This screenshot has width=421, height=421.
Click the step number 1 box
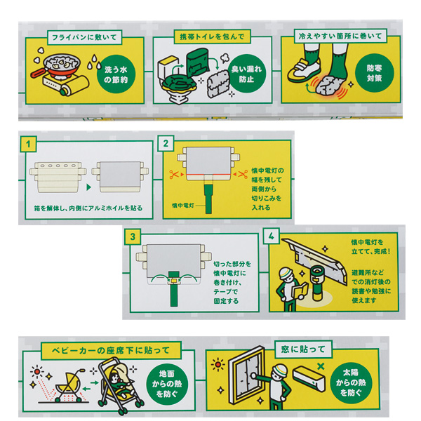[28, 144]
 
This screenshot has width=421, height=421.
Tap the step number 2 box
[166, 143]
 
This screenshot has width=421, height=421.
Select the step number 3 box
[133, 236]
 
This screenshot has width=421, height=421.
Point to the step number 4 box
[271, 236]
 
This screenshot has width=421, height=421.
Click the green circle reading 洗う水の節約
[116, 74]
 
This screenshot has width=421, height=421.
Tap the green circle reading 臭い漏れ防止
[246, 74]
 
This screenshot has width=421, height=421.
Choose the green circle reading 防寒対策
[374, 73]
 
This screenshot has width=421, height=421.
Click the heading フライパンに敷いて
[85, 37]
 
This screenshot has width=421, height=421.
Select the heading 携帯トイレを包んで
[212, 36]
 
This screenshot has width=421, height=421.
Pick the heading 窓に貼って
[303, 349]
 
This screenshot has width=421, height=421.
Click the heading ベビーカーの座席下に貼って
[111, 350]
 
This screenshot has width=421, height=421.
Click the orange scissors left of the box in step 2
[173, 174]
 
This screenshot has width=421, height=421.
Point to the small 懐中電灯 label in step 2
[183, 206]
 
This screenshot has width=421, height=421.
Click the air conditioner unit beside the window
[309, 377]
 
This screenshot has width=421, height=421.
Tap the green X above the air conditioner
[321, 366]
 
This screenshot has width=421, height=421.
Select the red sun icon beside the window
[218, 364]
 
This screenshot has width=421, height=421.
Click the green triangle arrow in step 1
[89, 187]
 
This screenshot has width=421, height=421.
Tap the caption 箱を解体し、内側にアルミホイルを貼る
[88, 208]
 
